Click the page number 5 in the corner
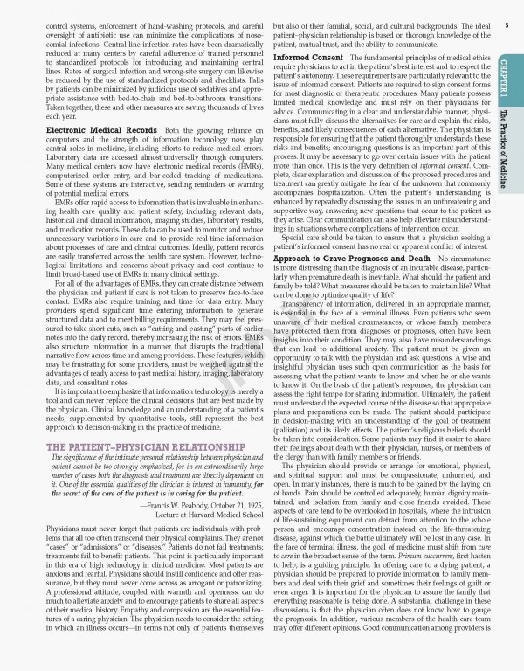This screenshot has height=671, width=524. pos(507,26)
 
